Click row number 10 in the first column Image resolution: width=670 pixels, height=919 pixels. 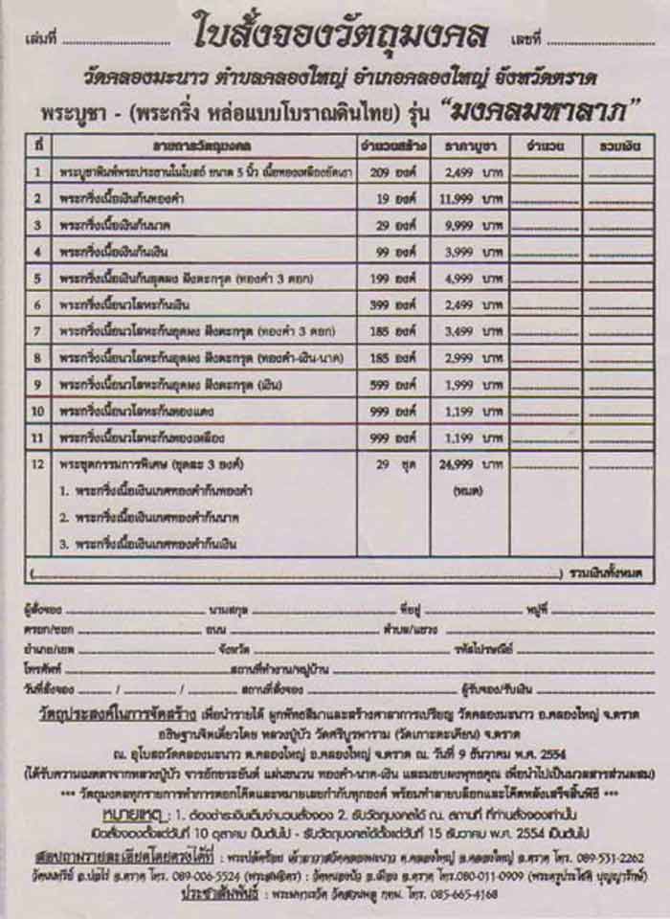point(37,411)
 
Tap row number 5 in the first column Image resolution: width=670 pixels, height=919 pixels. point(37,279)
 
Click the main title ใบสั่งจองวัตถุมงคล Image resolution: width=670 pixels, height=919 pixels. point(340,35)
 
